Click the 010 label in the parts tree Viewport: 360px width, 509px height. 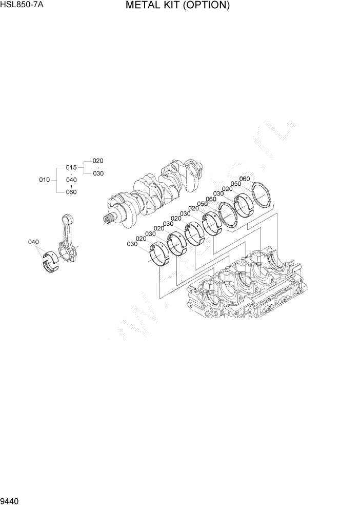[44, 180]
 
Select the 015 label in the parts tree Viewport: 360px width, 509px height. [71, 168]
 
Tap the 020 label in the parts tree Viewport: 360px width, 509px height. [98, 161]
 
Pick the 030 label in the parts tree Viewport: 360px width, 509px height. [98, 173]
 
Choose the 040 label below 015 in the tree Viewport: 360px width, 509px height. [71, 180]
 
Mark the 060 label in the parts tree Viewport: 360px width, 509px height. [71, 192]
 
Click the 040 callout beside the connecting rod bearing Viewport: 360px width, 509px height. [33, 242]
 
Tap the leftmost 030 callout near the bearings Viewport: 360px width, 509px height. [132, 244]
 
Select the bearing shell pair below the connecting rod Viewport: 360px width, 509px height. [51, 261]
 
